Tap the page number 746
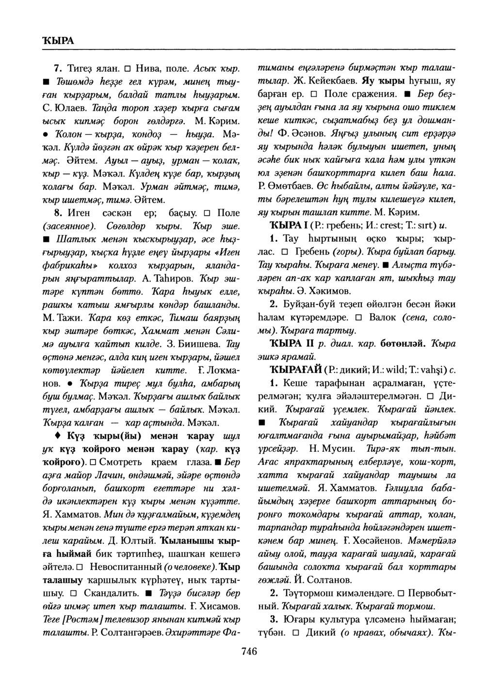tap(248, 651)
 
